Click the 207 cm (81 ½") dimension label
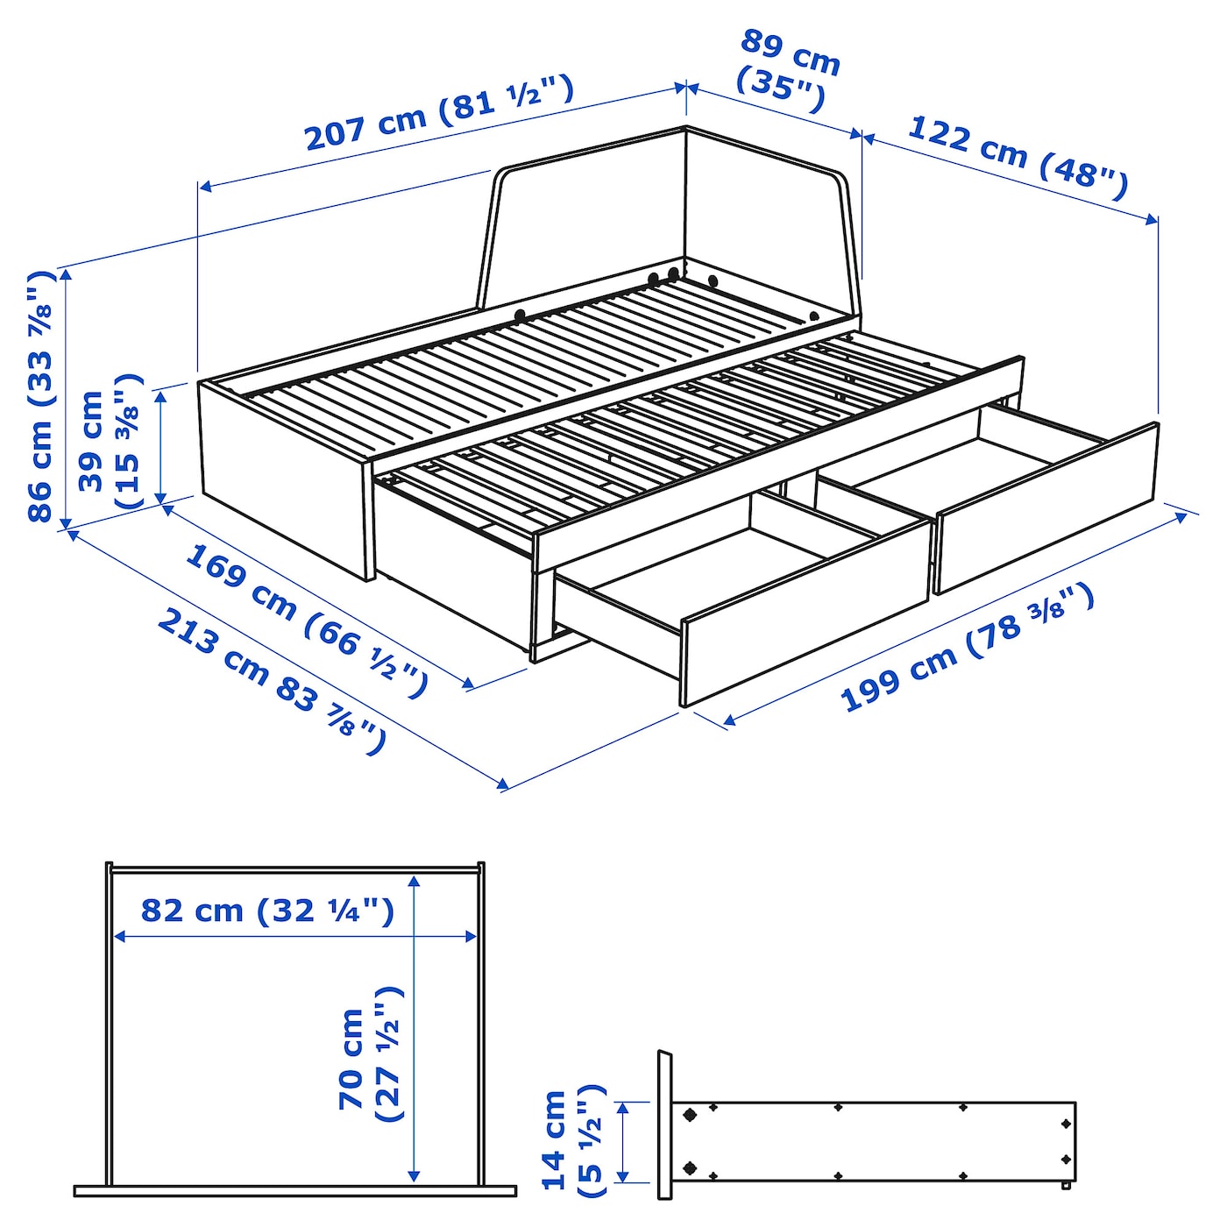click(x=438, y=113)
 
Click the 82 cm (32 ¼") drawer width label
click(x=267, y=911)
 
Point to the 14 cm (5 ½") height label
click(x=572, y=1140)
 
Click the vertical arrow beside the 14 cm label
click(x=623, y=1141)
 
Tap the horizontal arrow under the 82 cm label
click(x=294, y=937)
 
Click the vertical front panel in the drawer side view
click(x=664, y=1124)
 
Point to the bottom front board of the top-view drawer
click(x=294, y=1190)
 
